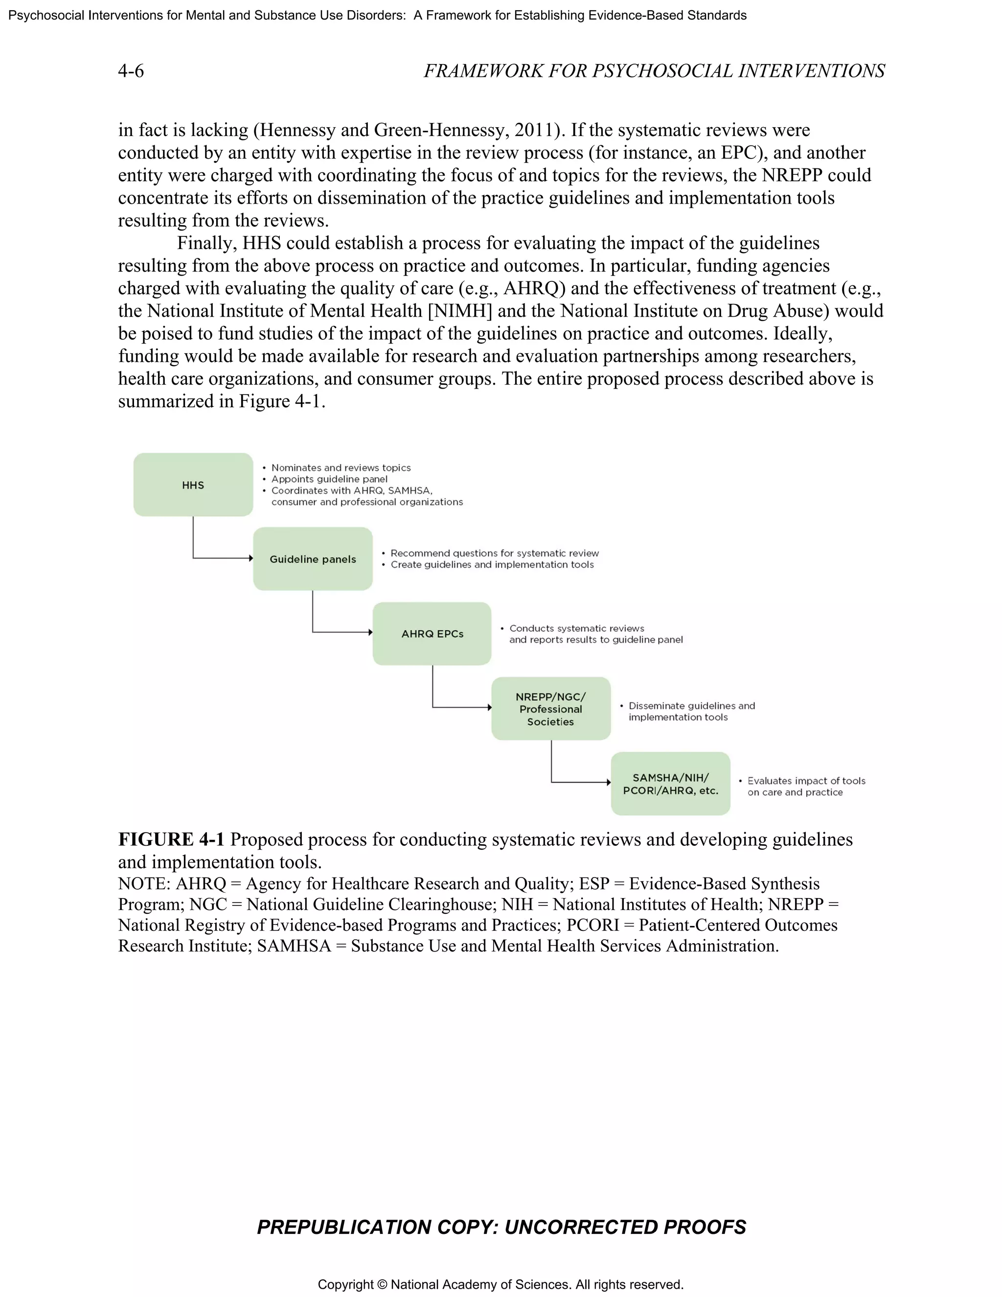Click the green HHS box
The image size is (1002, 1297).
click(193, 485)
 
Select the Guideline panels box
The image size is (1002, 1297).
click(313, 559)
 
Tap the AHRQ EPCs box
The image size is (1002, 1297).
click(432, 634)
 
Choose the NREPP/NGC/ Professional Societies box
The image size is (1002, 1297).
click(551, 709)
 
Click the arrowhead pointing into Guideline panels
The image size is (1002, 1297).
click(250, 558)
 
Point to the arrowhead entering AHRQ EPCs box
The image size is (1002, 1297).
click(370, 632)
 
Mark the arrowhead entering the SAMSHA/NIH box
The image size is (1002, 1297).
click(609, 782)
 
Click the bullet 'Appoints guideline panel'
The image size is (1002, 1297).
click(329, 479)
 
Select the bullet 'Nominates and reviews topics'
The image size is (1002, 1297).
click(341, 468)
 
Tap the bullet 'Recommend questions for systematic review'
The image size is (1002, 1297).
click(494, 554)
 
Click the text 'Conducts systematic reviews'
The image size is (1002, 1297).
click(576, 628)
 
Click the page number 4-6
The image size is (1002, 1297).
click(131, 71)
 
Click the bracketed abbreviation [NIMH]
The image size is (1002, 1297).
click(459, 311)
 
